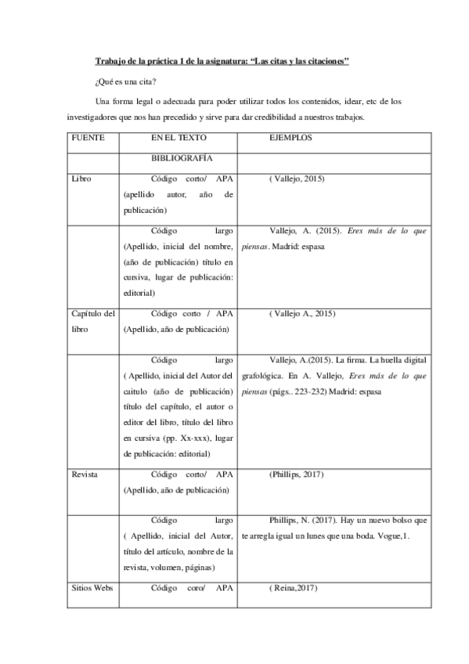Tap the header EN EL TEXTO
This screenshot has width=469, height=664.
pyautogui.click(x=179, y=137)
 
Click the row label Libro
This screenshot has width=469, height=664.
pyautogui.click(x=81, y=179)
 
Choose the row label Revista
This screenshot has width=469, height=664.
pyautogui.click(x=85, y=475)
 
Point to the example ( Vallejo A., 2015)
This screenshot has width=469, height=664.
pyautogui.click(x=301, y=313)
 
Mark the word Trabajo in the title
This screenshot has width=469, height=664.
pyautogui.click(x=110, y=60)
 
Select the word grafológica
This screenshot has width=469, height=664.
pyautogui.click(x=263, y=375)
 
